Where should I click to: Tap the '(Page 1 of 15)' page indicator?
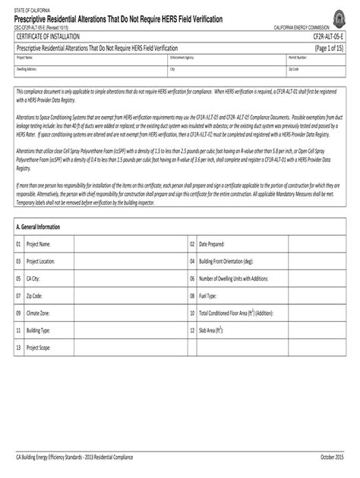pyautogui.click(x=330, y=47)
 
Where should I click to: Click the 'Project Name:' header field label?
pyautogui.click(x=24, y=57)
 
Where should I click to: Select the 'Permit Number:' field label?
pyautogui.click(x=298, y=57)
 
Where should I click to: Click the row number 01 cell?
pyautogui.click(x=18, y=244)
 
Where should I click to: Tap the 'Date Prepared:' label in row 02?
pyautogui.click(x=211, y=244)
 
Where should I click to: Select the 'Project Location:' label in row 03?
pyautogui.click(x=41, y=261)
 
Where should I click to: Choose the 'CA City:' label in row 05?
pyautogui.click(x=34, y=278)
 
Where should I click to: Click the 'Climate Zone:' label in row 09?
pyautogui.click(x=38, y=313)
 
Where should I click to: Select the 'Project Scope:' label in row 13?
pyautogui.click(x=39, y=347)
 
